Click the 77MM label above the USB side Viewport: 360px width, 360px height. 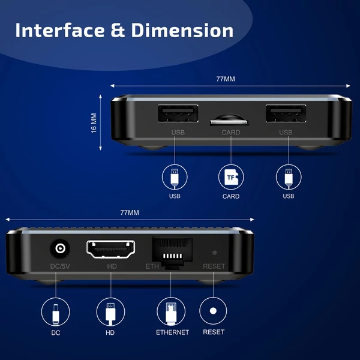[226, 79]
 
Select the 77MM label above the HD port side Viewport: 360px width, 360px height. [129, 213]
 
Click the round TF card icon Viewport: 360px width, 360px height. [230, 177]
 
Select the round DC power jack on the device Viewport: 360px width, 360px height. [61, 248]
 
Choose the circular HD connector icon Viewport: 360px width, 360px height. [110, 313]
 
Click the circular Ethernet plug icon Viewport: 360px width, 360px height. [172, 313]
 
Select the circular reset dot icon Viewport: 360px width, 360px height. [214, 313]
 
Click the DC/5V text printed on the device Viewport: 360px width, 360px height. [61, 266]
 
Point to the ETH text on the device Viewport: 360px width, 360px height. [152, 266]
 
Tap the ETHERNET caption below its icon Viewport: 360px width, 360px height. [172, 332]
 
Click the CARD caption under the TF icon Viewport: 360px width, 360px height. [230, 196]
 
